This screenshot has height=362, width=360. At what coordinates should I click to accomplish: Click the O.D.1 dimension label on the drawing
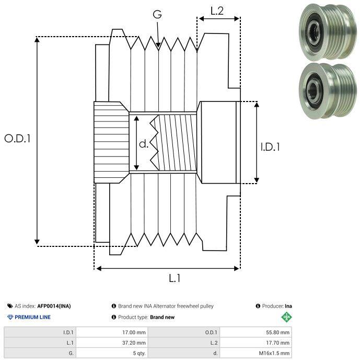(17, 139)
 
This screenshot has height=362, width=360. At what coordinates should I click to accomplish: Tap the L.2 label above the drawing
(217, 11)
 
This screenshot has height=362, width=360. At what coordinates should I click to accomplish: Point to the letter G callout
(157, 15)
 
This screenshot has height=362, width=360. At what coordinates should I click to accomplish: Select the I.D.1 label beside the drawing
(270, 147)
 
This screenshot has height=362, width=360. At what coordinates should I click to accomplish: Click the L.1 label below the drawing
(175, 278)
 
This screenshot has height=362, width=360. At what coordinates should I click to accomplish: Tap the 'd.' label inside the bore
(144, 144)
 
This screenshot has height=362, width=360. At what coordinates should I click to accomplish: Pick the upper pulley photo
(327, 31)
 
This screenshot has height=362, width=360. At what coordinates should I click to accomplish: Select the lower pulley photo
(327, 90)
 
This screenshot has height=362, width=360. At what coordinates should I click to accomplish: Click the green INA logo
(287, 317)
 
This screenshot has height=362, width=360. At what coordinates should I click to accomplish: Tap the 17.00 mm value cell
(112, 333)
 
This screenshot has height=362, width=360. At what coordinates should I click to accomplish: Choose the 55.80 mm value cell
(256, 333)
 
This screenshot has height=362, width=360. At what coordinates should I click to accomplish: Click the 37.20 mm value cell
(112, 343)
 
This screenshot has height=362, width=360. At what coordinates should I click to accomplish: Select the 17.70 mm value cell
(256, 343)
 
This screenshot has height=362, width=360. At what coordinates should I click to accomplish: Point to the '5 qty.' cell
(112, 353)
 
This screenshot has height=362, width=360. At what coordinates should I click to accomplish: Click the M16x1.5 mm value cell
(256, 353)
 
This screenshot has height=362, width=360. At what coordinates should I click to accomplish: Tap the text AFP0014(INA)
(54, 306)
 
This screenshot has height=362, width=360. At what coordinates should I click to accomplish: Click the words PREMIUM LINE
(32, 317)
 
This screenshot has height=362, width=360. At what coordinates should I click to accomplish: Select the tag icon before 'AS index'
(10, 306)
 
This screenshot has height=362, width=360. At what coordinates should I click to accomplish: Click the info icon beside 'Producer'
(258, 306)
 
